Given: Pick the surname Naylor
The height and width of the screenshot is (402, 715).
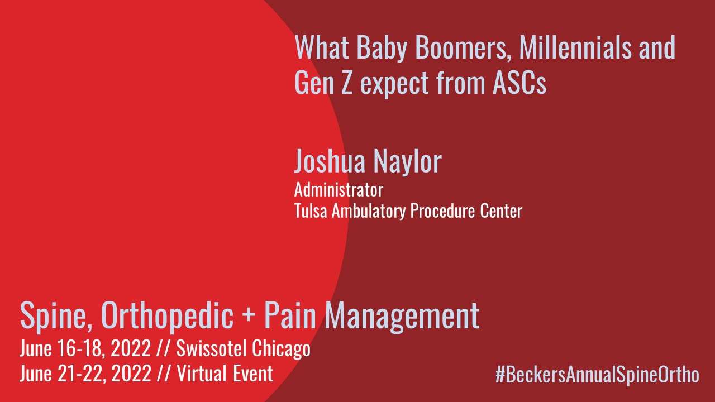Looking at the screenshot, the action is (x=408, y=161).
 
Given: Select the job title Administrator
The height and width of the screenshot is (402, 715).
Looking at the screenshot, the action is (x=339, y=190).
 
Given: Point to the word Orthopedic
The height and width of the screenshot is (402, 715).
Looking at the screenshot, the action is (x=167, y=315).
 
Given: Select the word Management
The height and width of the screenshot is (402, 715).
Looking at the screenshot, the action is (x=402, y=316).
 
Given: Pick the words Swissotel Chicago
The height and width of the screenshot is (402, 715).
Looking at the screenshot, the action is (x=243, y=349).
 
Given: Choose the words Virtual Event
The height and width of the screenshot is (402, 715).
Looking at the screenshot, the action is (x=225, y=374).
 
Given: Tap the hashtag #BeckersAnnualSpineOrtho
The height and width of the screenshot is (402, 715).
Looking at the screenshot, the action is (x=597, y=374).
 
